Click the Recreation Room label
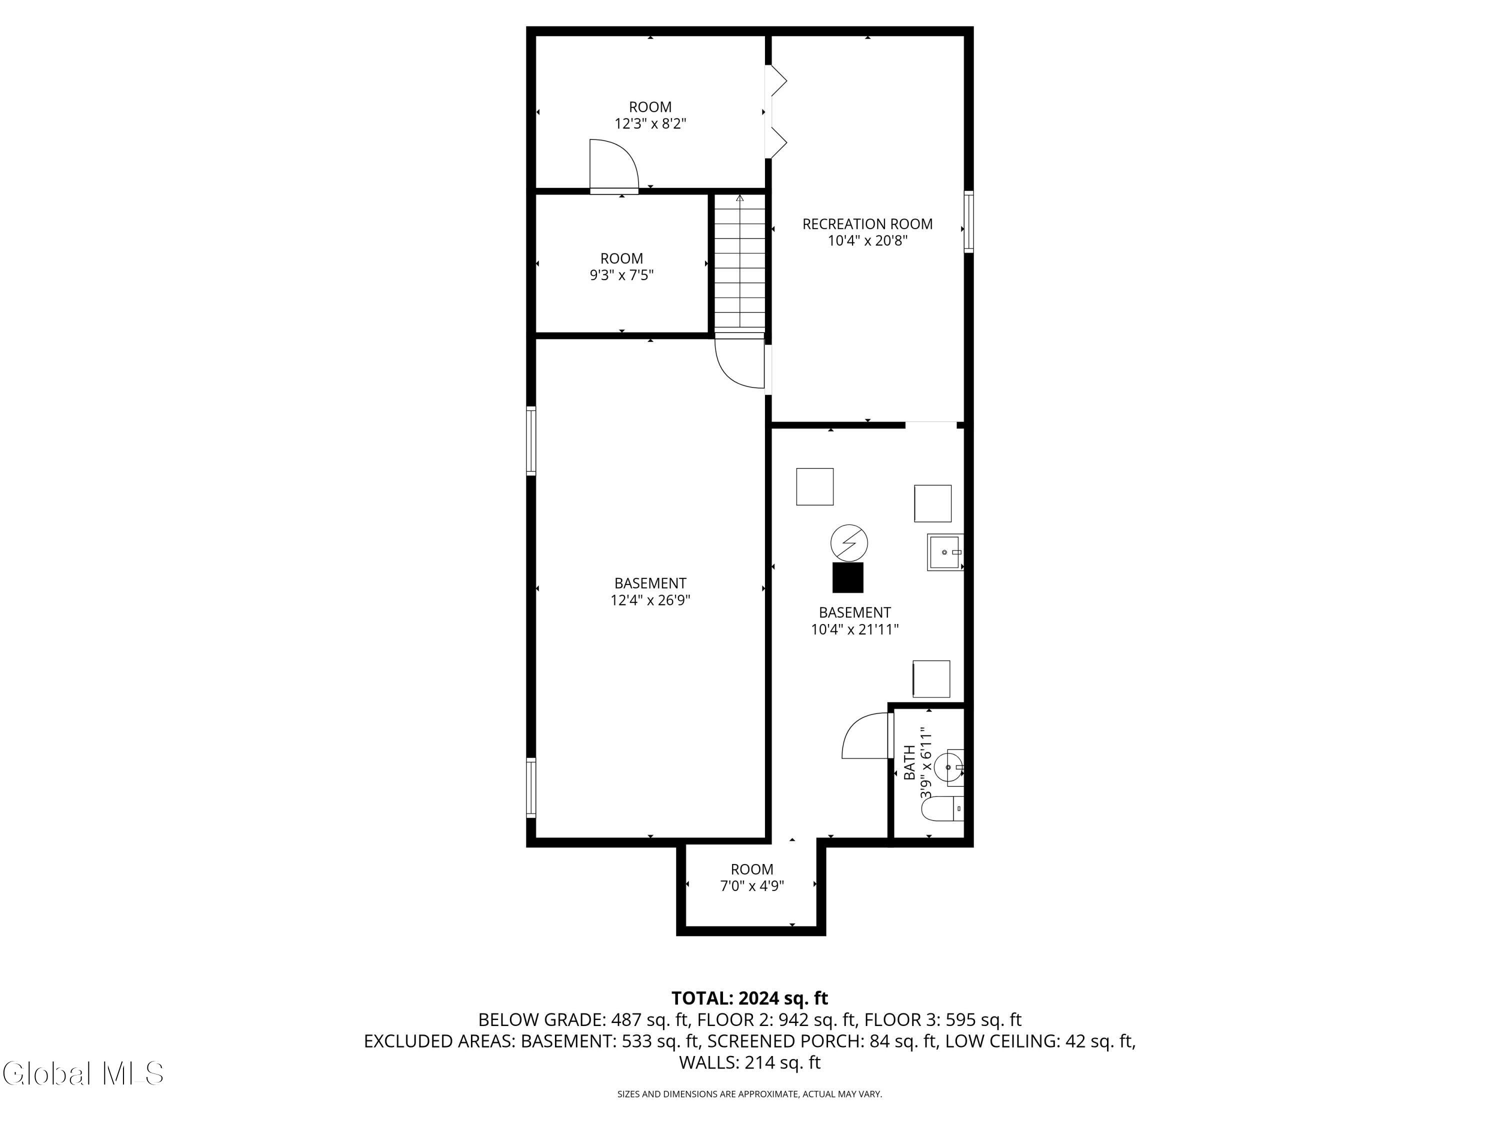[867, 224]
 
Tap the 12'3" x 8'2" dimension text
[650, 124]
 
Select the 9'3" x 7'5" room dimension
[621, 275]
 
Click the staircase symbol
[739, 264]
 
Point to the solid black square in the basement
[847, 578]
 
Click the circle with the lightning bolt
[849, 542]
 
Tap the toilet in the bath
[945, 809]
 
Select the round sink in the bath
[948, 767]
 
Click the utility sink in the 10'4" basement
[944, 552]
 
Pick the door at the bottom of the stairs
[740, 364]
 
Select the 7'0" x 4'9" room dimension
[751, 885]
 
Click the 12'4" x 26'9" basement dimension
[650, 600]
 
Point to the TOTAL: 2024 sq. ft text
[749, 998]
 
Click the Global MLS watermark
[82, 1073]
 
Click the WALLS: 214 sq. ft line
[749, 1062]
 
